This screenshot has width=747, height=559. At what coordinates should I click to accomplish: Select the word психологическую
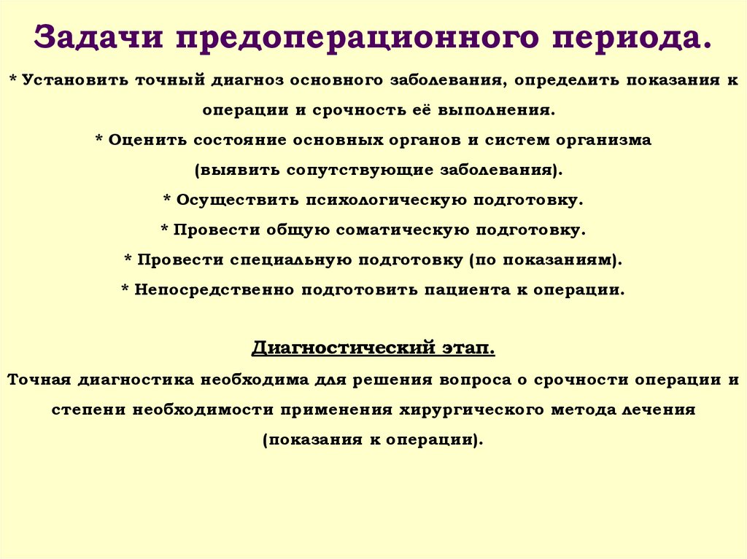389,200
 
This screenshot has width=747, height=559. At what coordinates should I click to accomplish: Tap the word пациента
468,289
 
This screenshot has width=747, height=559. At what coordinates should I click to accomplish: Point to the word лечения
658,409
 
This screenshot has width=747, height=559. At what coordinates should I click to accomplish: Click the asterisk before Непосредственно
125,290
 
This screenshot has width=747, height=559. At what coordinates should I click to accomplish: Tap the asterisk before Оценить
99,141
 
